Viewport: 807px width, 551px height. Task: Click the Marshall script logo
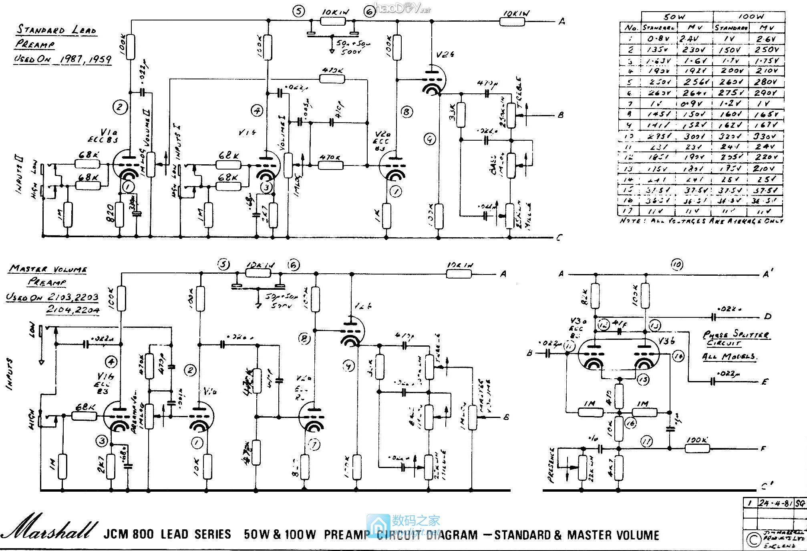(50, 527)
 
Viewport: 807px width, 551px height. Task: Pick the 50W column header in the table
(674, 17)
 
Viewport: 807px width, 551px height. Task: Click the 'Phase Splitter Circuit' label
(736, 338)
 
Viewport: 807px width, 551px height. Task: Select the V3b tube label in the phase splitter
(667, 341)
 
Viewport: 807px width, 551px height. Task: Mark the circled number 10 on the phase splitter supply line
(677, 264)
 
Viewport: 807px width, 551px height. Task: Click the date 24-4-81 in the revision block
(775, 503)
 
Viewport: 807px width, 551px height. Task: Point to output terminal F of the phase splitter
(763, 448)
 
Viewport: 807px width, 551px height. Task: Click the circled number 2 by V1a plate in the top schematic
(120, 107)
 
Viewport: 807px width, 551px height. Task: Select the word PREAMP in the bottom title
(347, 535)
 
